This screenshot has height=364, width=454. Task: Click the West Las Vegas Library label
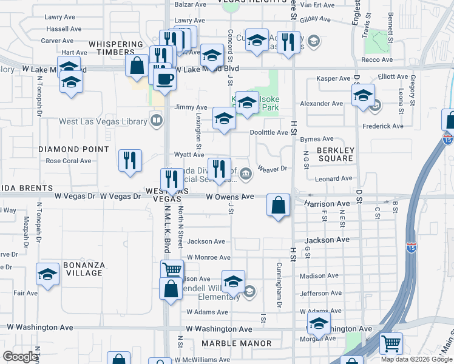[x=103, y=121]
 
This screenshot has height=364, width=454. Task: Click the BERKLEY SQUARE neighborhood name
[x=335, y=154]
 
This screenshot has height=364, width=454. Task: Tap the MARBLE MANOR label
[x=237, y=343]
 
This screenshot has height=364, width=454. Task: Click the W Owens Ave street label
[x=229, y=197]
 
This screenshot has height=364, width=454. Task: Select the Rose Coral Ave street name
[x=69, y=161]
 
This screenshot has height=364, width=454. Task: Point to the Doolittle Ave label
[x=269, y=132]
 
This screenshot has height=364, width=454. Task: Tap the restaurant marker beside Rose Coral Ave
[x=130, y=161]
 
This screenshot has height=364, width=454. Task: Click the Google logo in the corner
[x=20, y=357]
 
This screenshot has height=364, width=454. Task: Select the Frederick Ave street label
[x=383, y=126]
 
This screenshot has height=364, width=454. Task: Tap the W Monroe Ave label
[x=208, y=257]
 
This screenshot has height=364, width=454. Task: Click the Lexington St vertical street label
[x=198, y=131]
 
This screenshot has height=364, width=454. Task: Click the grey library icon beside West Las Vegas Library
[x=157, y=120]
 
